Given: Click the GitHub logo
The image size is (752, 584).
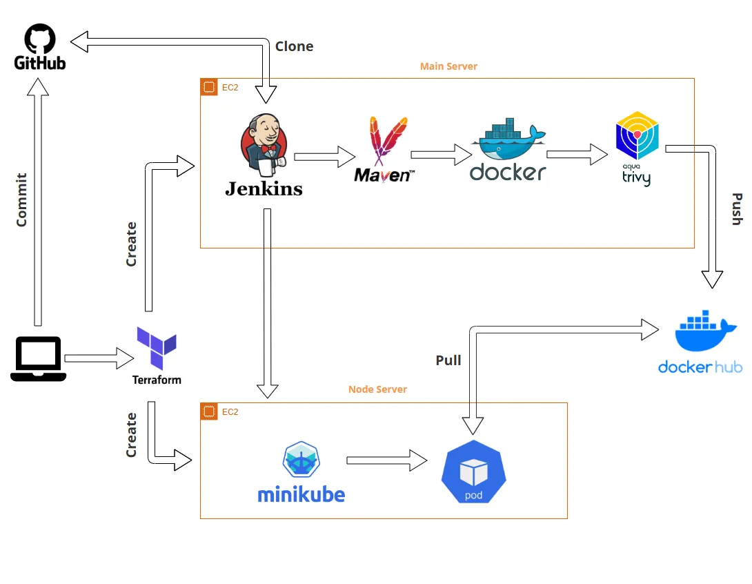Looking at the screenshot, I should click(x=40, y=47).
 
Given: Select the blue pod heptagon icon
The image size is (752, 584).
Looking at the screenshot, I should click(x=473, y=472).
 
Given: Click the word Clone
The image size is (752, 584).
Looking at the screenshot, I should click(x=294, y=46).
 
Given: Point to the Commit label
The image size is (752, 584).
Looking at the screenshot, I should click(x=21, y=199).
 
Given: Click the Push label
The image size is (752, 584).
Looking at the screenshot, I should click(x=736, y=209).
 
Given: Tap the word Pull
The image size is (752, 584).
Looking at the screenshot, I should click(x=448, y=360).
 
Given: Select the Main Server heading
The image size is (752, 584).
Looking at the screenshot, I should click(x=448, y=66).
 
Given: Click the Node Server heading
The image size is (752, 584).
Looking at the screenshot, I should click(x=377, y=389).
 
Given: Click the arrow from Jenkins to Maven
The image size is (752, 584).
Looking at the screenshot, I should click(x=324, y=157).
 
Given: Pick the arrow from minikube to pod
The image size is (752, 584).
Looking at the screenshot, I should click(x=386, y=460).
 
